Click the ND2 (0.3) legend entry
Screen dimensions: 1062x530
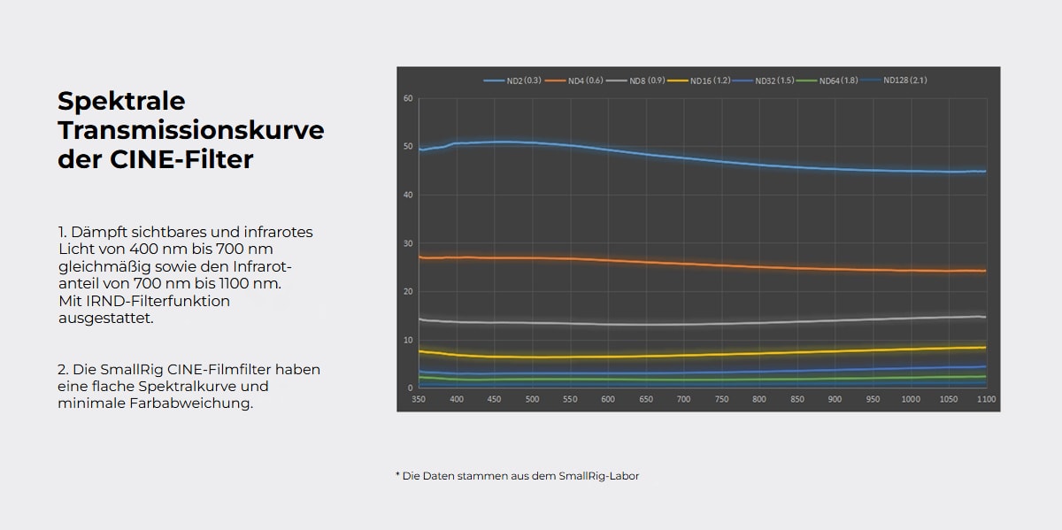pyautogui.click(x=512, y=81)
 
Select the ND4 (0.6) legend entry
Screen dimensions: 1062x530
pyautogui.click(x=574, y=81)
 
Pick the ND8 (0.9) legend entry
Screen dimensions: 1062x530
pyautogui.click(x=635, y=81)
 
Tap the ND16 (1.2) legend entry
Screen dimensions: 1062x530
pyautogui.click(x=699, y=81)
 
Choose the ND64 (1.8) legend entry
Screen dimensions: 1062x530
pyautogui.click(x=827, y=81)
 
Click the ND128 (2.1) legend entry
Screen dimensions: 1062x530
pyautogui.click(x=894, y=81)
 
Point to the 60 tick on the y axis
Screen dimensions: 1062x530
pyautogui.click(x=408, y=98)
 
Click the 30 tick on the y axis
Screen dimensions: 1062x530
pyautogui.click(x=408, y=243)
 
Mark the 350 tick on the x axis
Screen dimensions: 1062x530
pyautogui.click(x=419, y=399)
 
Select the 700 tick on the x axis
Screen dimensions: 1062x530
pyautogui.click(x=683, y=399)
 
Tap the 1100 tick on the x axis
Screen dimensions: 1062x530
pyautogui.click(x=986, y=399)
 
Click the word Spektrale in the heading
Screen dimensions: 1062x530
pyautogui.click(x=121, y=102)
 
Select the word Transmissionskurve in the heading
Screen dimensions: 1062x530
pyautogui.click(x=191, y=130)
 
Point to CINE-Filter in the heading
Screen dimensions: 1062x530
pyautogui.click(x=181, y=158)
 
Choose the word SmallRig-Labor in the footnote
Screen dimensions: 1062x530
pyautogui.click(x=599, y=475)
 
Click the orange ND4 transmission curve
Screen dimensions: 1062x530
pyautogui.click(x=703, y=265)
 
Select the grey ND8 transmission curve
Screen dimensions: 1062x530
pyautogui.click(x=703, y=324)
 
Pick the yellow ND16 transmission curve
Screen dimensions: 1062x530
pyautogui.click(x=703, y=355)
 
